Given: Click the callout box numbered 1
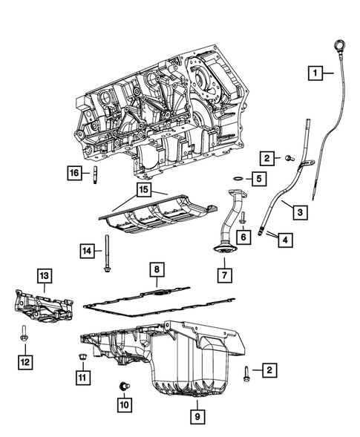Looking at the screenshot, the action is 315,73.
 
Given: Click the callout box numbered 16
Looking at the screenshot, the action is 75,173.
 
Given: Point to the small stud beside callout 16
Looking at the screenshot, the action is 95,174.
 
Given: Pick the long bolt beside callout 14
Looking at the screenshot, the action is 108,253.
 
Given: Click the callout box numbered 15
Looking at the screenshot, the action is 143,190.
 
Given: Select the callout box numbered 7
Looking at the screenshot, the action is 225,275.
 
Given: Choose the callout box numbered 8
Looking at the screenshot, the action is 157,269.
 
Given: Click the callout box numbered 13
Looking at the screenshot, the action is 45,276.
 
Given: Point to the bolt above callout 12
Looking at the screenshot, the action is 24,333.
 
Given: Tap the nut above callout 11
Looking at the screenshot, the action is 82,356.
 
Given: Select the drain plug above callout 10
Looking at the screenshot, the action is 124,387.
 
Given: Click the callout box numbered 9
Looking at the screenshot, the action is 197,417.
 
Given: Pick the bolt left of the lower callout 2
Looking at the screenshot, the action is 246,373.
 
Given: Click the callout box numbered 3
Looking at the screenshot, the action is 301,212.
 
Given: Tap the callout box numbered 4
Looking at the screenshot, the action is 285,240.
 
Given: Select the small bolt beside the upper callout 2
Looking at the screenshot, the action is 289,158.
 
